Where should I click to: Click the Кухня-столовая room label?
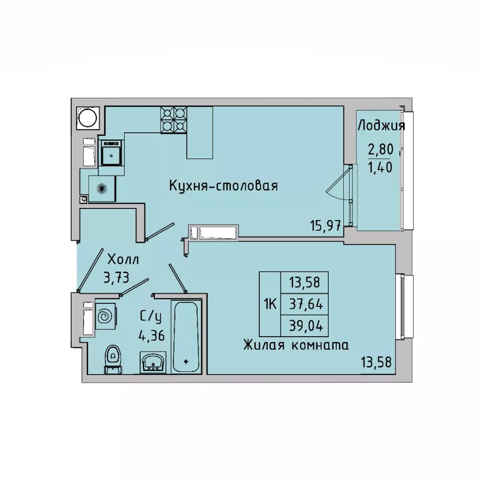coord(223,186)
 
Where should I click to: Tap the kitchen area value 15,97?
coord(325,226)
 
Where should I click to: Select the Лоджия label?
coord(381,126)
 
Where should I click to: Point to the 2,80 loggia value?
coord(380,149)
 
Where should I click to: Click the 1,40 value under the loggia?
coord(380,168)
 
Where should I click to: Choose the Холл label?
coord(123,259)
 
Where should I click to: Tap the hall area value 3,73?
coord(116,278)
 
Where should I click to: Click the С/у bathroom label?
coord(150,317)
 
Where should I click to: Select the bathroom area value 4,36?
coord(152,335)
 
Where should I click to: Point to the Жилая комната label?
coord(296,345)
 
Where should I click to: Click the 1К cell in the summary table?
coord(270,304)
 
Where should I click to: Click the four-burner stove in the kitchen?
coord(174,120)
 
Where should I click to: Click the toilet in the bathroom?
coord(113,359)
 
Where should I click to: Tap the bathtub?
coord(186,337)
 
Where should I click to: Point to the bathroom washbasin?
coord(153,362)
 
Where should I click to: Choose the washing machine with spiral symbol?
coord(106,316)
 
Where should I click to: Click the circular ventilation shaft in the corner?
coord(87,118)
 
